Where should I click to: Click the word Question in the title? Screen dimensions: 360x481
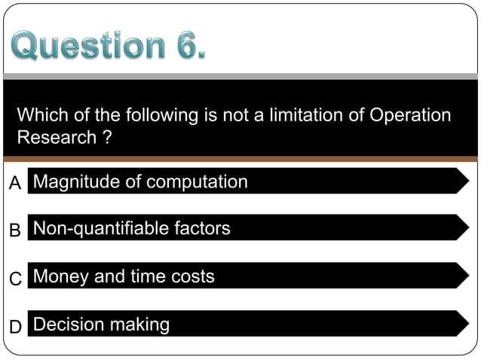[84, 46]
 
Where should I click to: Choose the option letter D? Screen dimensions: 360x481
[15, 327]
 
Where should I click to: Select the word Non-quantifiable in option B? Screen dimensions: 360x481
[103, 228]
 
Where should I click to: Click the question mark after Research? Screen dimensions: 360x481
[100, 138]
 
